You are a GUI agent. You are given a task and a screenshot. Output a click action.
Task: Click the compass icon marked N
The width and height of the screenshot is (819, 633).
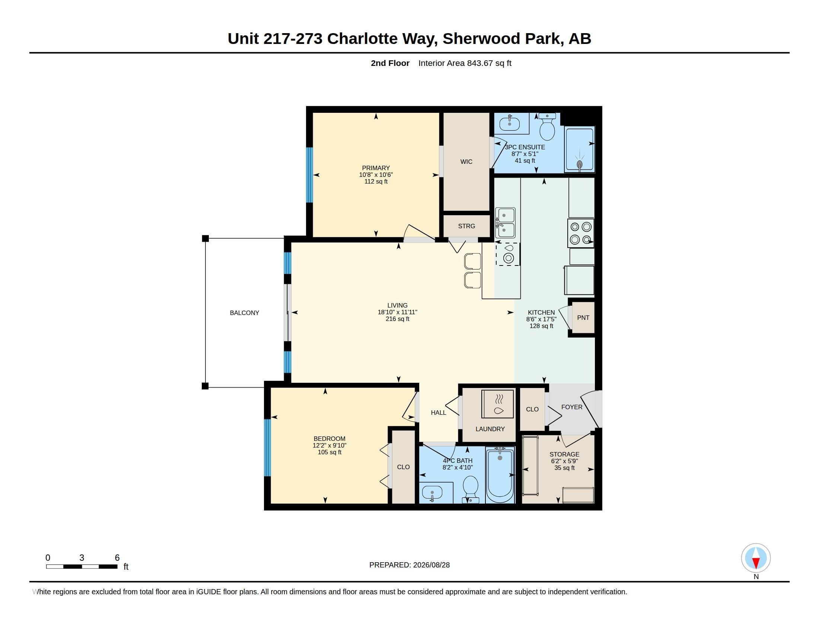click(756, 558)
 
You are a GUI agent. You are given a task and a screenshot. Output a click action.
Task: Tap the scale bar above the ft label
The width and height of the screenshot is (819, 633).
click(82, 566)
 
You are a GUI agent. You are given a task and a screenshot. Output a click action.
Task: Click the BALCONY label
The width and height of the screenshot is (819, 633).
click(245, 313)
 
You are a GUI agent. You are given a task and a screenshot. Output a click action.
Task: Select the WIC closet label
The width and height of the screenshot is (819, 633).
click(466, 162)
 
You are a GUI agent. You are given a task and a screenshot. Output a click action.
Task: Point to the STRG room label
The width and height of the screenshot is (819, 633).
click(466, 226)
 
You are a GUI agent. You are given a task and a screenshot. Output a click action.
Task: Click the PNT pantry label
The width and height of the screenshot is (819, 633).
click(583, 318)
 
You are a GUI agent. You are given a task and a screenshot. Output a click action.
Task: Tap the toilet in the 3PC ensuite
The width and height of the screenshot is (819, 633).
click(547, 127)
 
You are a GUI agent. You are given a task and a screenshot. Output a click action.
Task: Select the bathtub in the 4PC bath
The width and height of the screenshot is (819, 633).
click(500, 475)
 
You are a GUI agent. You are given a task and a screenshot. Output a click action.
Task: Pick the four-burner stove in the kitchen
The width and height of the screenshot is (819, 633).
click(580, 233)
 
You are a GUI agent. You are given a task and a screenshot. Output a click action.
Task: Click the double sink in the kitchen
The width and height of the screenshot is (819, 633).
click(505, 223)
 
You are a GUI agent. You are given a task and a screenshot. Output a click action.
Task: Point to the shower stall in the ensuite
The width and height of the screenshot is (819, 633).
click(579, 150)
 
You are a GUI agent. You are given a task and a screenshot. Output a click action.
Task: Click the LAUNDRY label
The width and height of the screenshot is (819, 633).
click(490, 429)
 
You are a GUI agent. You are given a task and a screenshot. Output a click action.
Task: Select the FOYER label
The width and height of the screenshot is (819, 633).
click(572, 407)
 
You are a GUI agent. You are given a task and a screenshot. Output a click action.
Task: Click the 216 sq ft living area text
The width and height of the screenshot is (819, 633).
click(398, 319)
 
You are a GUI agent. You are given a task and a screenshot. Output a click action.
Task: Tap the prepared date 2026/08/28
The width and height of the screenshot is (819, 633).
click(431, 565)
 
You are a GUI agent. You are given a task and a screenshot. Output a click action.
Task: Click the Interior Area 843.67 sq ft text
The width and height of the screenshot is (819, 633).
click(465, 63)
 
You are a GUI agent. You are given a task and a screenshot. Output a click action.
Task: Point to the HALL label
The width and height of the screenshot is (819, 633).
click(439, 413)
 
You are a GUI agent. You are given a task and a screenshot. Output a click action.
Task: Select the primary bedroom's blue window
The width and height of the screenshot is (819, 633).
click(309, 175)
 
